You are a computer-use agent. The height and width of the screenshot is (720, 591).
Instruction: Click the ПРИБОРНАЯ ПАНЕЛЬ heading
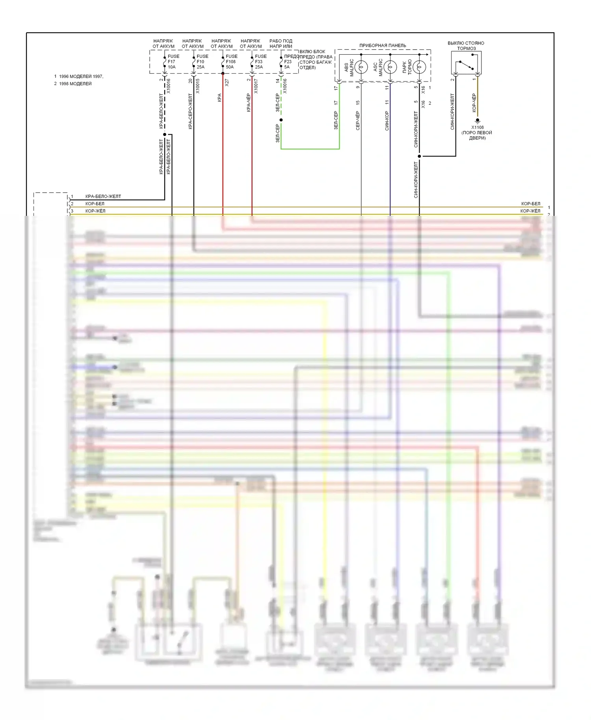(383, 46)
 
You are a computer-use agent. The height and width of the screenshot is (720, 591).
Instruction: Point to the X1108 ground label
(477, 128)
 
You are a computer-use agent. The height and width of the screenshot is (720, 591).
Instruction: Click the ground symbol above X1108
(478, 120)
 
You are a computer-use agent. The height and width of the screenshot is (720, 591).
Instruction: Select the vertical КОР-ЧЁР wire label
(474, 103)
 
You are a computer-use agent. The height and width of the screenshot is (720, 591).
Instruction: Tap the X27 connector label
(227, 83)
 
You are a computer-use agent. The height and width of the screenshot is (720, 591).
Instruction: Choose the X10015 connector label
(198, 86)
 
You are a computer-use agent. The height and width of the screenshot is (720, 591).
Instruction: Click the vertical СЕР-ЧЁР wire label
(358, 121)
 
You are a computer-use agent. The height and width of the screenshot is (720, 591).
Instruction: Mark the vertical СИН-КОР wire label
(387, 121)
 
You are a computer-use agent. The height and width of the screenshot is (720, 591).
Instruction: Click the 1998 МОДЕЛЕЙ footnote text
(75, 84)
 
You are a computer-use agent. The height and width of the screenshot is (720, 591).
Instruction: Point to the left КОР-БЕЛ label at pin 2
(95, 204)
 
